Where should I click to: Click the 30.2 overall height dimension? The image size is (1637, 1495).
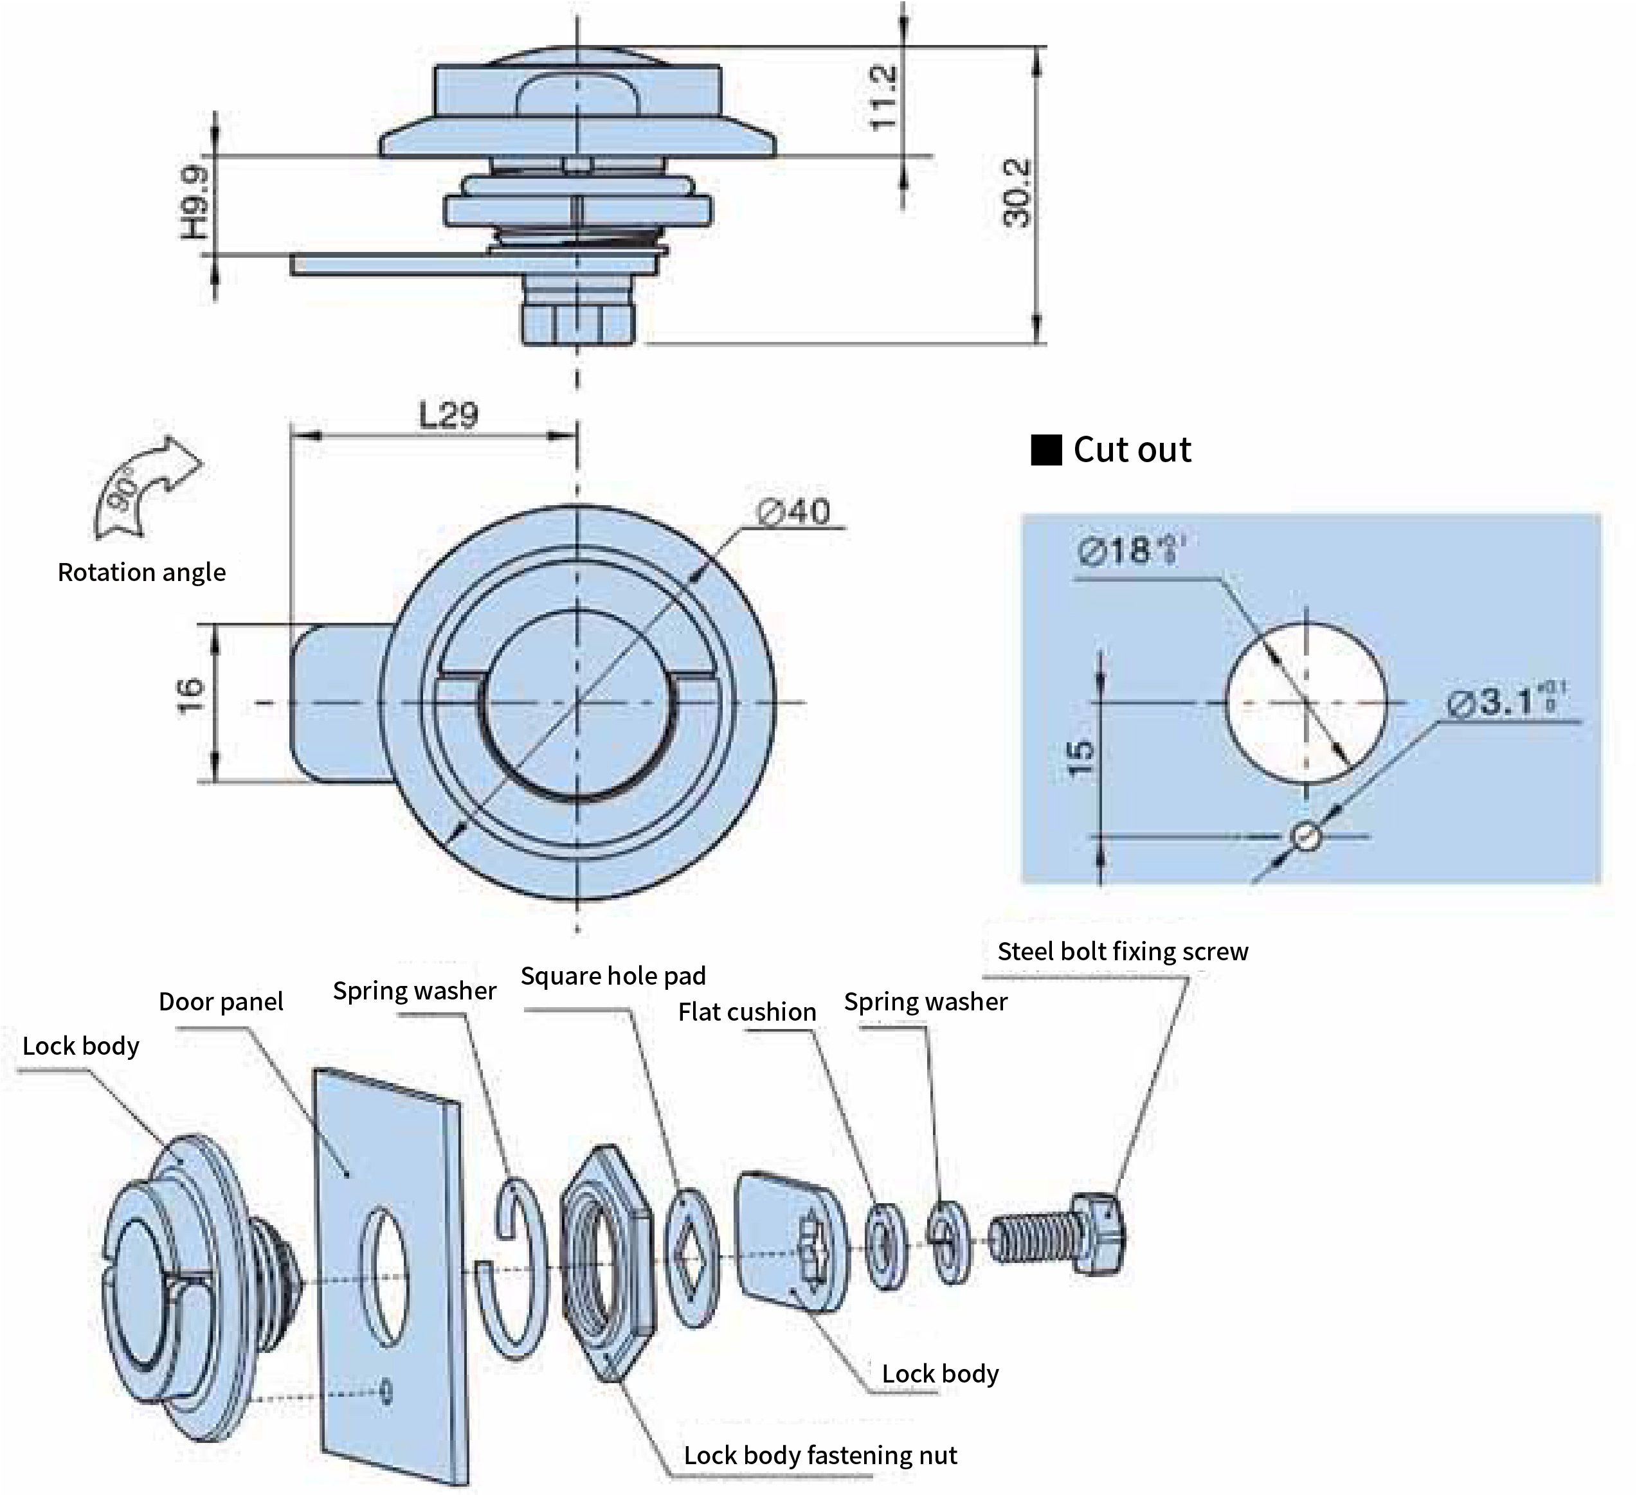click(1017, 193)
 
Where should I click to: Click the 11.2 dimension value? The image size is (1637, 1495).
click(883, 98)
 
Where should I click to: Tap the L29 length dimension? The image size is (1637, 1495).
click(448, 416)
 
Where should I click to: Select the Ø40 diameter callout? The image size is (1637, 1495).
click(793, 512)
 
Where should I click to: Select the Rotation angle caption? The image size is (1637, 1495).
click(141, 572)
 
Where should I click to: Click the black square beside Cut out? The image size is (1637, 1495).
click(1046, 451)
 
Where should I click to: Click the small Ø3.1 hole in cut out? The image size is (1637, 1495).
click(1306, 836)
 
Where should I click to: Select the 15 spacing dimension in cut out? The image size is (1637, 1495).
click(1081, 760)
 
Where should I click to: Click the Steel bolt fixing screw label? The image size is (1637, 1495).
click(1122, 951)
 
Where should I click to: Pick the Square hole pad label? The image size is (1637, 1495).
click(613, 976)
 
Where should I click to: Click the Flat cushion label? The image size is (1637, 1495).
click(747, 1012)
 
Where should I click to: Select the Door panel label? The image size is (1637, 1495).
click(221, 1001)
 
